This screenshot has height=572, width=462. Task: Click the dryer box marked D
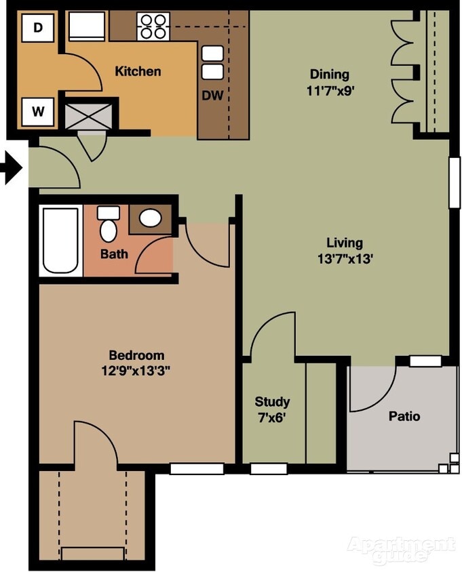click(x=38, y=28)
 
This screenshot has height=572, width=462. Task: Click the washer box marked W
click(x=38, y=112)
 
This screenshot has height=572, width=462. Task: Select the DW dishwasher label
click(x=212, y=96)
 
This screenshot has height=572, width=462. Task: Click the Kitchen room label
click(x=138, y=71)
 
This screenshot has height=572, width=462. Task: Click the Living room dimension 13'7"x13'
click(x=345, y=258)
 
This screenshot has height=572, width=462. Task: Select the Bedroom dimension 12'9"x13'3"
click(x=136, y=370)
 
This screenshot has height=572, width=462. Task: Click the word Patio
click(x=404, y=416)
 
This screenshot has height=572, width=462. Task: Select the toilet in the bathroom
click(x=108, y=224)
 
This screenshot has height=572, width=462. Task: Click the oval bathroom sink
click(x=151, y=218)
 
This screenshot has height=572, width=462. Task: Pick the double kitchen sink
click(x=212, y=62)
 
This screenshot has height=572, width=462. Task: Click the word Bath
click(x=113, y=255)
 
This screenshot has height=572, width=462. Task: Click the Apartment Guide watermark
click(x=400, y=549)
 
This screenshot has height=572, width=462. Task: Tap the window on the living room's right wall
click(x=454, y=182)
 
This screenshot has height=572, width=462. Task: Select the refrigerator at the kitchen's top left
click(x=87, y=26)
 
